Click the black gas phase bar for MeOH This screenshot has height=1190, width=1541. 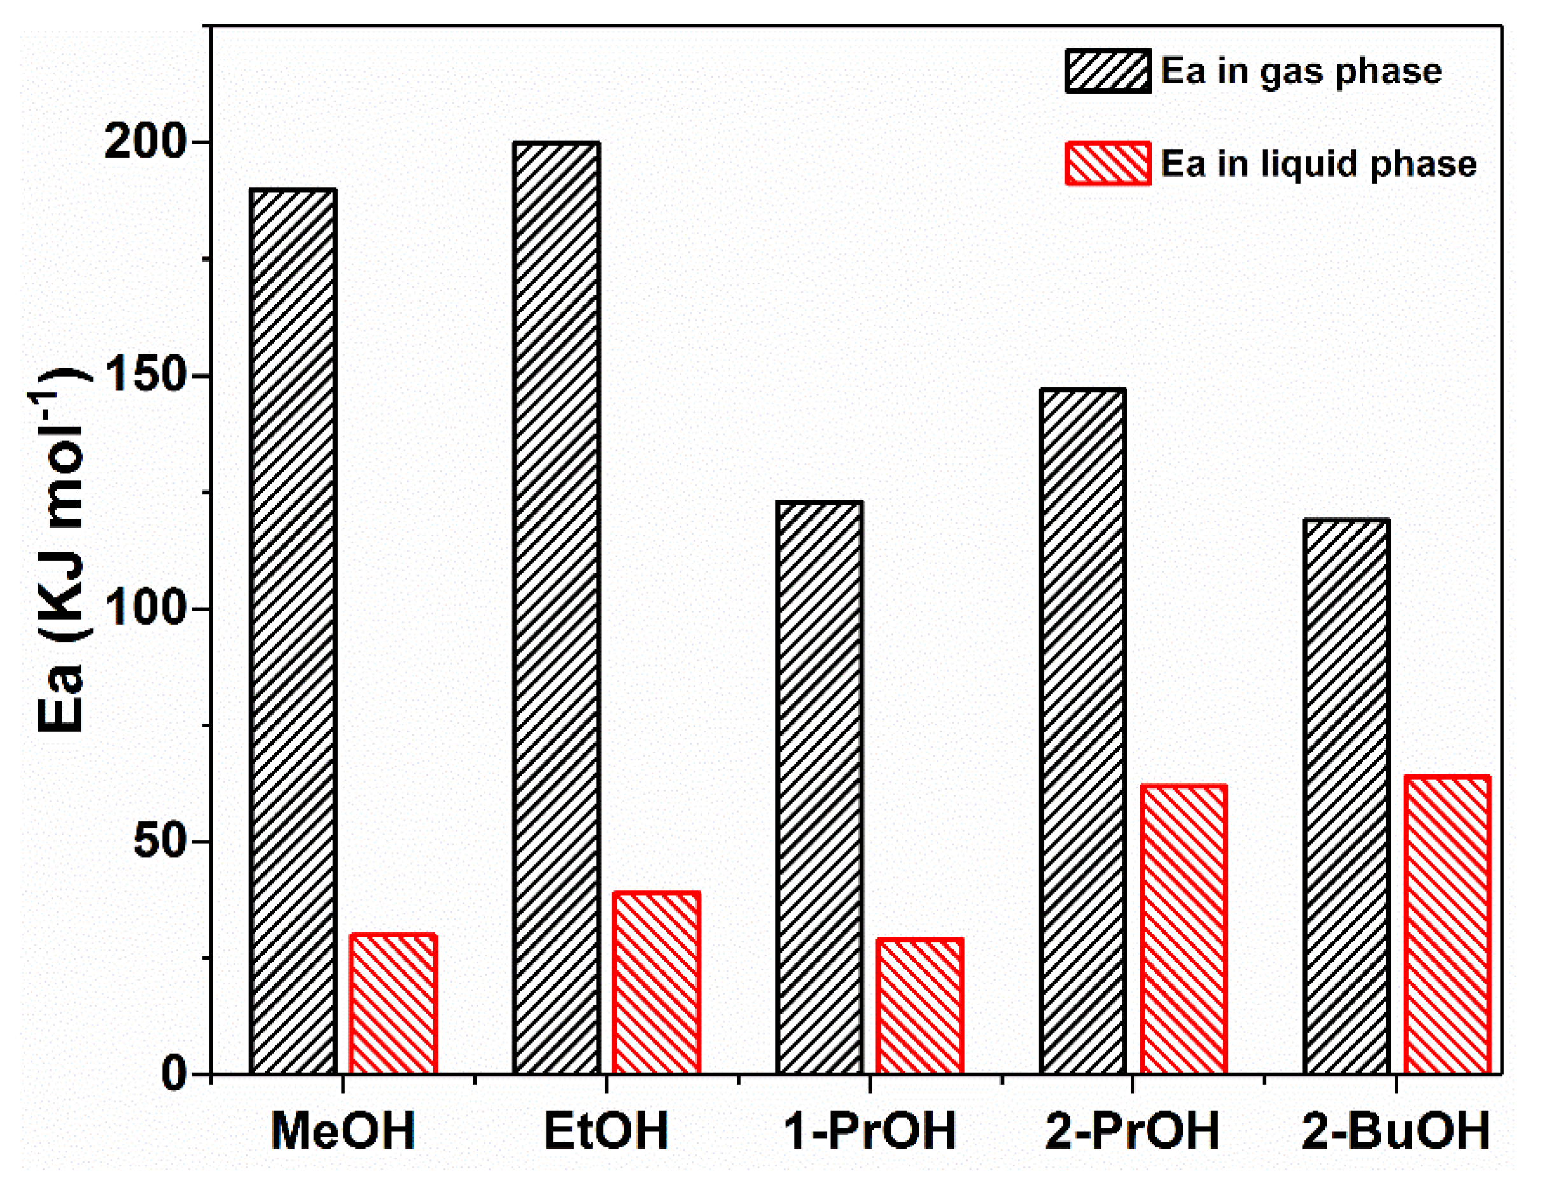(x=293, y=632)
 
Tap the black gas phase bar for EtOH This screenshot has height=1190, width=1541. (x=557, y=608)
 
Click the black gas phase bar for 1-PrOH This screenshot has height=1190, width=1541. (x=819, y=788)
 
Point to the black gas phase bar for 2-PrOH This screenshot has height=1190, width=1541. (x=1082, y=731)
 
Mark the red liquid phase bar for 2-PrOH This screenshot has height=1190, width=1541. (x=1183, y=929)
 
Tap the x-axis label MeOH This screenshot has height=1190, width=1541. (x=343, y=1131)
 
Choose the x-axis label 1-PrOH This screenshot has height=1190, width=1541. (x=869, y=1131)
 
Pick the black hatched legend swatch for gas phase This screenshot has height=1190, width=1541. (x=1108, y=71)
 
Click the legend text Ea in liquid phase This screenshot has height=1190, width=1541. (x=1318, y=164)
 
